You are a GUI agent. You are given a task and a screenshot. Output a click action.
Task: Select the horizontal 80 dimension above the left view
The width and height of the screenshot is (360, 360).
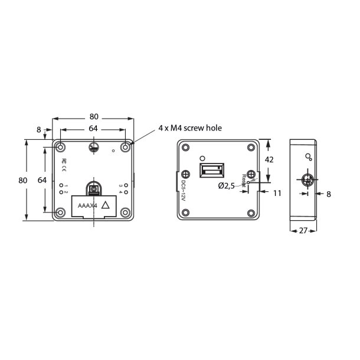click(x=94, y=116)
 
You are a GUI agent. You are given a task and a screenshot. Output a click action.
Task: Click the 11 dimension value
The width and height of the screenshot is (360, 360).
click(x=277, y=192)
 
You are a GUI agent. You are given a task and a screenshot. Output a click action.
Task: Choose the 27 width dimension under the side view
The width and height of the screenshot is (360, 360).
click(x=303, y=231)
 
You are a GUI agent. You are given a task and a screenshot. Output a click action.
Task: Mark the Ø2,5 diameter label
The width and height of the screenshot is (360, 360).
click(x=227, y=185)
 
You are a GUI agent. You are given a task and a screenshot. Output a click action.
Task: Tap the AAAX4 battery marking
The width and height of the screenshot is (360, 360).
click(x=86, y=206)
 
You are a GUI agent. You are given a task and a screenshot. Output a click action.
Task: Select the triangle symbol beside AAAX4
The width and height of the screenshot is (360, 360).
click(x=106, y=205)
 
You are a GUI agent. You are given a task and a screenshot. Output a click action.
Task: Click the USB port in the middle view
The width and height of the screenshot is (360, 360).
click(x=211, y=172)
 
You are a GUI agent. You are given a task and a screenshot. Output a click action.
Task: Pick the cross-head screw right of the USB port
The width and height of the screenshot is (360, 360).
click(x=251, y=174)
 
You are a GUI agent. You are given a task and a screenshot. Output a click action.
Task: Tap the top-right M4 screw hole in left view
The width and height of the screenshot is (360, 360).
click(x=126, y=146)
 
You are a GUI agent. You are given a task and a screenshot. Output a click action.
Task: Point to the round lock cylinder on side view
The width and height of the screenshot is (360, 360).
click(x=305, y=181)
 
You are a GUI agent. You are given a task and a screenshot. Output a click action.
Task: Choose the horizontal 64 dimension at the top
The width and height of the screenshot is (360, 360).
click(x=94, y=128)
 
